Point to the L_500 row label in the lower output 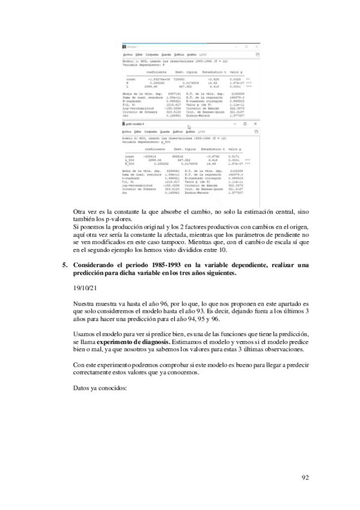pos(128,176)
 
